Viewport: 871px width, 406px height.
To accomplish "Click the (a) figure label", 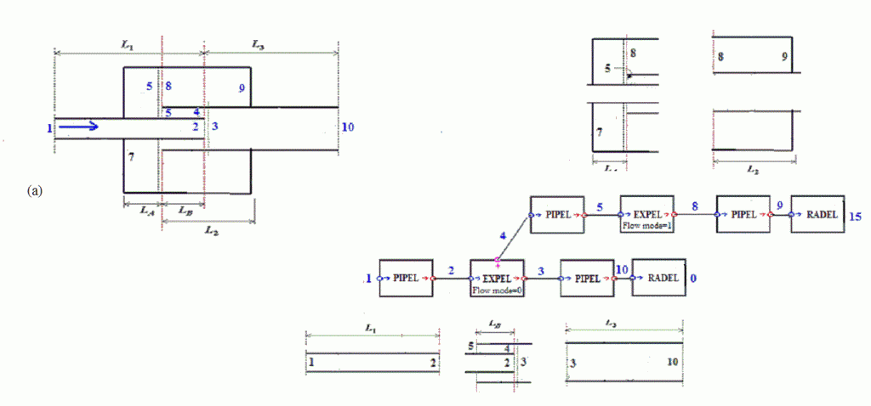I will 34,190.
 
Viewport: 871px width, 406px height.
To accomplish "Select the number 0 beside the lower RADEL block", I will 694,276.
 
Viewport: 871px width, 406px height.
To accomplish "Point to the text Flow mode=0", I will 498,289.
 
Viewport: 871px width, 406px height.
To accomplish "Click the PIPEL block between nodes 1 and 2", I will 407,277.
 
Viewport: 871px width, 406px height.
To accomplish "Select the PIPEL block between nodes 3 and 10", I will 587,277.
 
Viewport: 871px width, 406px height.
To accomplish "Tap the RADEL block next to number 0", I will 658,277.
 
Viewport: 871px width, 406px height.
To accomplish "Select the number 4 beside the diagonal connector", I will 502,235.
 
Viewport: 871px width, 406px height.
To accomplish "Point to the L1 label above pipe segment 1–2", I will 371,326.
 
